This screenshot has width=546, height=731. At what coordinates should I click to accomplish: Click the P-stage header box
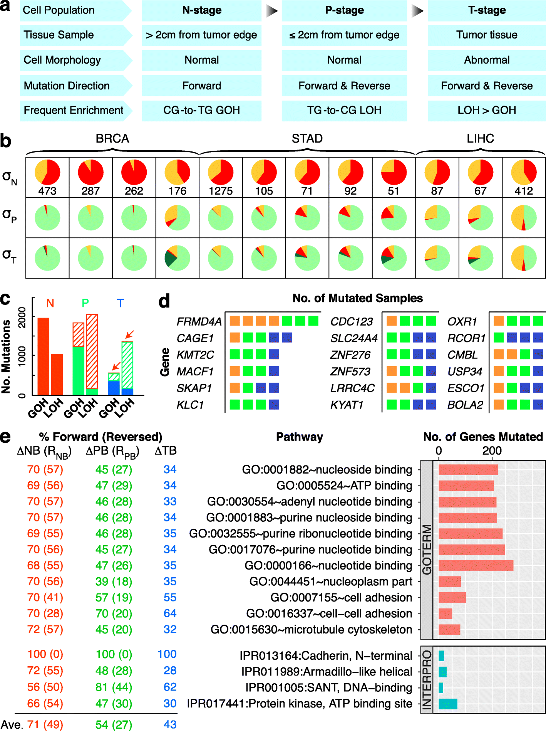(344, 10)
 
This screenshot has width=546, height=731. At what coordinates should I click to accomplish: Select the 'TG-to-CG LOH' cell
(344, 111)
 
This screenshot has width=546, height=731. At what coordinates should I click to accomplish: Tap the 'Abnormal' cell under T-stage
(487, 60)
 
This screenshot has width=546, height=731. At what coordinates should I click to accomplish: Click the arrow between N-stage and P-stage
(271, 11)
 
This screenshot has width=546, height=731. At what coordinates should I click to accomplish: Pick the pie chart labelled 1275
(221, 172)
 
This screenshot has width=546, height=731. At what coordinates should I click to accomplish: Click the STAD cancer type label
(307, 138)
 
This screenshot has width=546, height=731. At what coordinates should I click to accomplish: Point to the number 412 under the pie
(524, 191)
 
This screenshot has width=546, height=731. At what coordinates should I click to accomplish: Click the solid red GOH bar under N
(43, 356)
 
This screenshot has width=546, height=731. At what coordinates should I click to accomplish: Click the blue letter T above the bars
(121, 303)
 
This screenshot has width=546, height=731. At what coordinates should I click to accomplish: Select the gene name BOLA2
(465, 405)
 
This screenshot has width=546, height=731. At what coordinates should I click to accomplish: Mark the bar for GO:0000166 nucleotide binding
(476, 565)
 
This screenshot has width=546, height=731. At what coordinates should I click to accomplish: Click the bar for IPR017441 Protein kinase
(448, 704)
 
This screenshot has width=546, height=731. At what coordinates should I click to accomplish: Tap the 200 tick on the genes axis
(492, 450)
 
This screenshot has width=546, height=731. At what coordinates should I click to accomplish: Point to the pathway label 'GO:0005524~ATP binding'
(344, 486)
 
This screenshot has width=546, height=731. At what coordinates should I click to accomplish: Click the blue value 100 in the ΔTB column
(167, 654)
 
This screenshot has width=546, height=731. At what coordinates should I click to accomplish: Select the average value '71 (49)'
(45, 724)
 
